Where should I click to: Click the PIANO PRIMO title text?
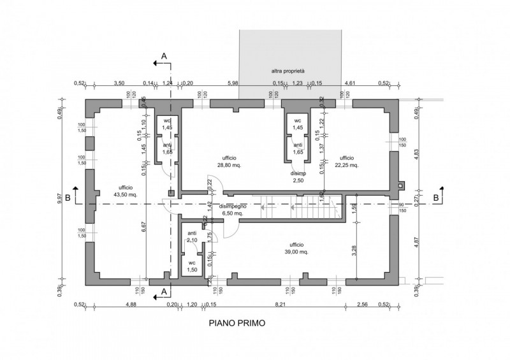click(237, 323)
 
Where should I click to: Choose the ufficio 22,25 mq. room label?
click(347, 161)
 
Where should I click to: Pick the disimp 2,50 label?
click(298, 178)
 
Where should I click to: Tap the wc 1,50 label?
click(191, 267)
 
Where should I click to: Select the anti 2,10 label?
click(191, 237)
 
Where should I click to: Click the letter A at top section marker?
click(164, 57)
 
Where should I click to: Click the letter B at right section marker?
click(435, 198)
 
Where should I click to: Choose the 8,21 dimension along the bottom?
click(280, 305)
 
